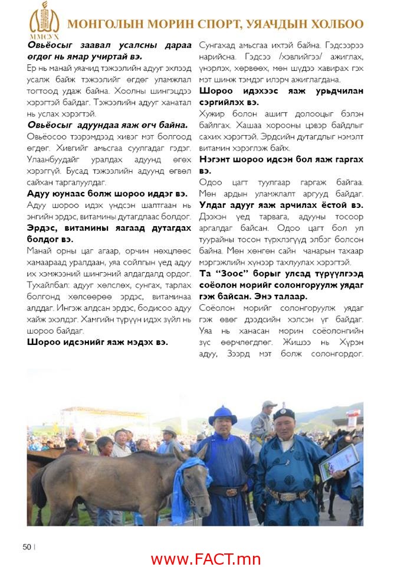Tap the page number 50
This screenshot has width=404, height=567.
pos(27,546)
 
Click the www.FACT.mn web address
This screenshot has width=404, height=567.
pos(205,558)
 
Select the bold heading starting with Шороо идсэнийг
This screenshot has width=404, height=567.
pos(97,341)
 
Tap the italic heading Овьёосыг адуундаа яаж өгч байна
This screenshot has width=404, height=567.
pos(107,125)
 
